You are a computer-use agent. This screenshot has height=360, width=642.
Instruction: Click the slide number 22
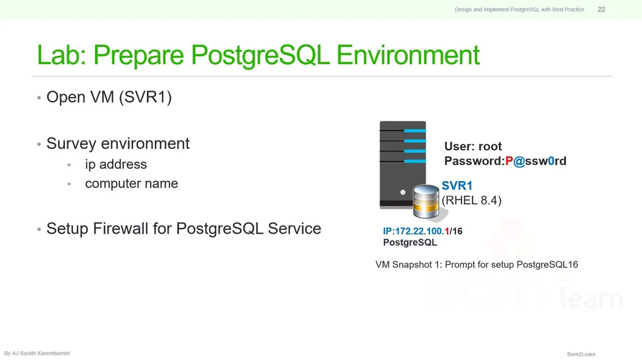pos(601,10)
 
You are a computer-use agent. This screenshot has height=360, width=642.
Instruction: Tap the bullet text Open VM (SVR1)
pos(108,98)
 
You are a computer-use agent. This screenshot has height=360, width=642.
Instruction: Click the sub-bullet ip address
pos(116,164)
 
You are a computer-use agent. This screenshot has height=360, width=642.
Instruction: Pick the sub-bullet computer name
pos(131,184)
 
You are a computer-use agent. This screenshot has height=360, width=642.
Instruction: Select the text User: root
pos(473,146)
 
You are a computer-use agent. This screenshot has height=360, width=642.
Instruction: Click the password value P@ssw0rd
pos(535,161)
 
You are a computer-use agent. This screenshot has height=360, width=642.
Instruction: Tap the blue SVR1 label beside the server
pos(457,186)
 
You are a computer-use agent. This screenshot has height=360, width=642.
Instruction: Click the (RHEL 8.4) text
pos(471,200)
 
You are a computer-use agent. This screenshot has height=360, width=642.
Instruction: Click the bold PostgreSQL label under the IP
pos(410,243)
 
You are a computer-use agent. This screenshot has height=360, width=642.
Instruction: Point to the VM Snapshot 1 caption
pos(476,264)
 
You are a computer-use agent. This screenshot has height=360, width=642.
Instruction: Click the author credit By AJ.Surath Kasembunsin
pos(37,354)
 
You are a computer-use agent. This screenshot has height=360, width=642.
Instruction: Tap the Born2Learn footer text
pos(581,354)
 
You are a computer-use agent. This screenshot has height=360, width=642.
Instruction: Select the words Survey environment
pos(117,143)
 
